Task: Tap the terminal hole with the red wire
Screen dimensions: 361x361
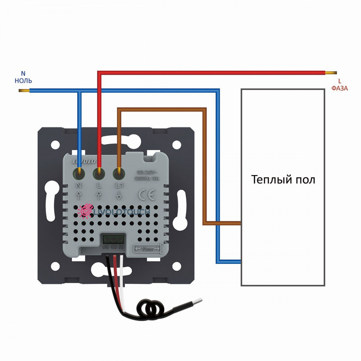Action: click(98, 174)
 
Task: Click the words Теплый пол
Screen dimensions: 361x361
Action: click(283, 179)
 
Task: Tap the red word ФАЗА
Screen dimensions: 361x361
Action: click(340, 88)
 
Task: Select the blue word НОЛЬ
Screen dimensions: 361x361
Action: click(23, 80)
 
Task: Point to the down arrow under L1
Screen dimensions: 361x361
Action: click(118, 196)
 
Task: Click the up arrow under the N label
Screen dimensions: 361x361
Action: click(79, 196)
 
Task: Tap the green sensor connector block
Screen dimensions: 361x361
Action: click(114, 239)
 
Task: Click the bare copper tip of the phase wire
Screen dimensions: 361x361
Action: click(331, 73)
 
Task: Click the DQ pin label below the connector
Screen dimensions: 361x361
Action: click(121, 247)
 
